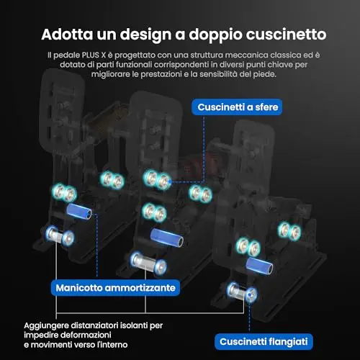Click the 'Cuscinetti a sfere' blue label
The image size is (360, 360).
[237, 107]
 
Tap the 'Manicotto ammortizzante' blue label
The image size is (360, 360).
[115, 288]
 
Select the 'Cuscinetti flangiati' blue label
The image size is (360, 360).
[264, 341]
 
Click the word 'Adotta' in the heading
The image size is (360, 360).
[67, 35]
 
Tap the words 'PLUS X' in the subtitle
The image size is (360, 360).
[94, 55]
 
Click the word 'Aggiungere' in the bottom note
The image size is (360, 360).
[43, 326]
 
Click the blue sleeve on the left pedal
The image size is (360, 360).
[79, 212]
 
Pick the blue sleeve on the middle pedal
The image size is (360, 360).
[167, 238]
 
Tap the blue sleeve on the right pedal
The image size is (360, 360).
[259, 266]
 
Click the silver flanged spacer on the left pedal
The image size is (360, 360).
[60, 236]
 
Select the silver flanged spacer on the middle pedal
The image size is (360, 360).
[148, 262]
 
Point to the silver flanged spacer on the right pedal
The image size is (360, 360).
[242, 293]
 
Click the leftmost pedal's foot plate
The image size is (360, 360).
[62, 109]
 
